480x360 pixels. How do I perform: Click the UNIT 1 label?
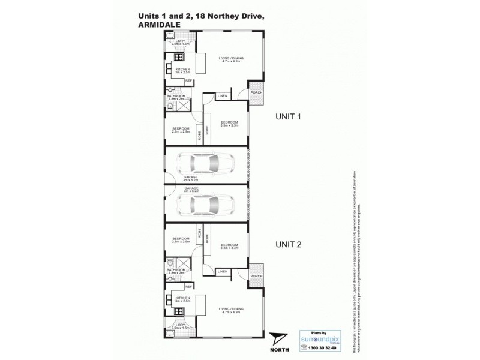pos(287,117)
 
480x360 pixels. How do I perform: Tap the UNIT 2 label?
pos(287,244)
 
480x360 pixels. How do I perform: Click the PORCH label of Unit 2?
pos(256,277)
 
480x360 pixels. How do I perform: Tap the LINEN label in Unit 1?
pos(221,96)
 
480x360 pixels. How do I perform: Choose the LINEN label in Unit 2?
pos(221,271)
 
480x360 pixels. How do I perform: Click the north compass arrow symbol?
pos(277,338)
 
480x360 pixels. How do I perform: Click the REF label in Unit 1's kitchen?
pos(188,80)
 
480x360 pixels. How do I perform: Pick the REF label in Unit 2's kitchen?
pos(188,287)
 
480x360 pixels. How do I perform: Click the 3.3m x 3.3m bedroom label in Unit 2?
pos(230,245)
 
